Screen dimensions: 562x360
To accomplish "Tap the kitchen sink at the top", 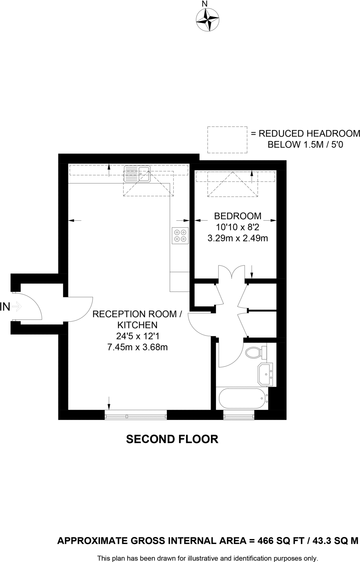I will pos(137,174).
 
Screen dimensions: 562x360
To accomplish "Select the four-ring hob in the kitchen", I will pos(180,236).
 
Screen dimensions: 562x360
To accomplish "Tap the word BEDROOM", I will pos(237,216).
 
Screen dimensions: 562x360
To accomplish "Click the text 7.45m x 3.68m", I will pos(137,347).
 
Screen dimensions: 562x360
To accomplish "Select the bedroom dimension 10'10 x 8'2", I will pos(237,227).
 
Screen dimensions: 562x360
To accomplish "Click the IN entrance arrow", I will pos(17,307).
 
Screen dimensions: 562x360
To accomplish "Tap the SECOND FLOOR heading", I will pos(172,439).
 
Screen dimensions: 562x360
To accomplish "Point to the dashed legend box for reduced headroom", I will pos(227,140).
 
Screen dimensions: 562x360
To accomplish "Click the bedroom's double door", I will pos(232,272).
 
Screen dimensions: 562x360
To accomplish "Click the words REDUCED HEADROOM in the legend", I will pos(309,134).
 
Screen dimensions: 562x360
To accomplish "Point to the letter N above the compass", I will pos(205,4).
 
